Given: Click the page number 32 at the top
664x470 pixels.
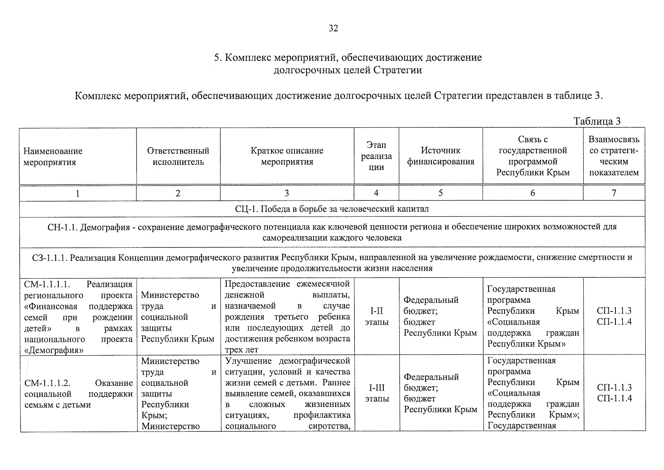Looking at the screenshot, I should pos(334,28).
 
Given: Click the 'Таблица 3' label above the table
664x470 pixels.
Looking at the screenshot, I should pos(597,121).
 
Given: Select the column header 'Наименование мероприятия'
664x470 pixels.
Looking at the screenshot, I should pos(53,157).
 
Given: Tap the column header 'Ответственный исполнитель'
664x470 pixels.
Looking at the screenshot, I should pos(178,156).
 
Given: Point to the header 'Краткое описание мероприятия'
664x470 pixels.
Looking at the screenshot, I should pos(287,156).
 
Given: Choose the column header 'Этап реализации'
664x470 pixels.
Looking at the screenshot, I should pos(376,156).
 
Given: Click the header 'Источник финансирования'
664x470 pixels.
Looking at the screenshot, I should pos(440,156).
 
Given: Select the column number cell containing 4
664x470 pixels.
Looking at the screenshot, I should pos(376,193).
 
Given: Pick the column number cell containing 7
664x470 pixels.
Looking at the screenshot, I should pos(613,193).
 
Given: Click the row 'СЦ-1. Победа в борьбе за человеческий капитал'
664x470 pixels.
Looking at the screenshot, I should pos(332,209).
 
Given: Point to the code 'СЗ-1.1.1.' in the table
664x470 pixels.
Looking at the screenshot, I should pos(50,257).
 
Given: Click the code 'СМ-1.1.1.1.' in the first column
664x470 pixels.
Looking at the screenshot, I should pos(47,284).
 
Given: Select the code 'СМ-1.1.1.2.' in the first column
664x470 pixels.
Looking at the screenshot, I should pos(47,383).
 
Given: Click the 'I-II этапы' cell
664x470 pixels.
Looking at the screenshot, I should pos(376,316).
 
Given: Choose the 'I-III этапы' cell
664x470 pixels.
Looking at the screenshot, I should pos(377,393).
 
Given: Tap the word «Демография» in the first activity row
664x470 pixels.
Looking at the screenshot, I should pos(54,350).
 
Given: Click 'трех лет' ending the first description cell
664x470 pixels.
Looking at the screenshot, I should pos(242,350).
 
